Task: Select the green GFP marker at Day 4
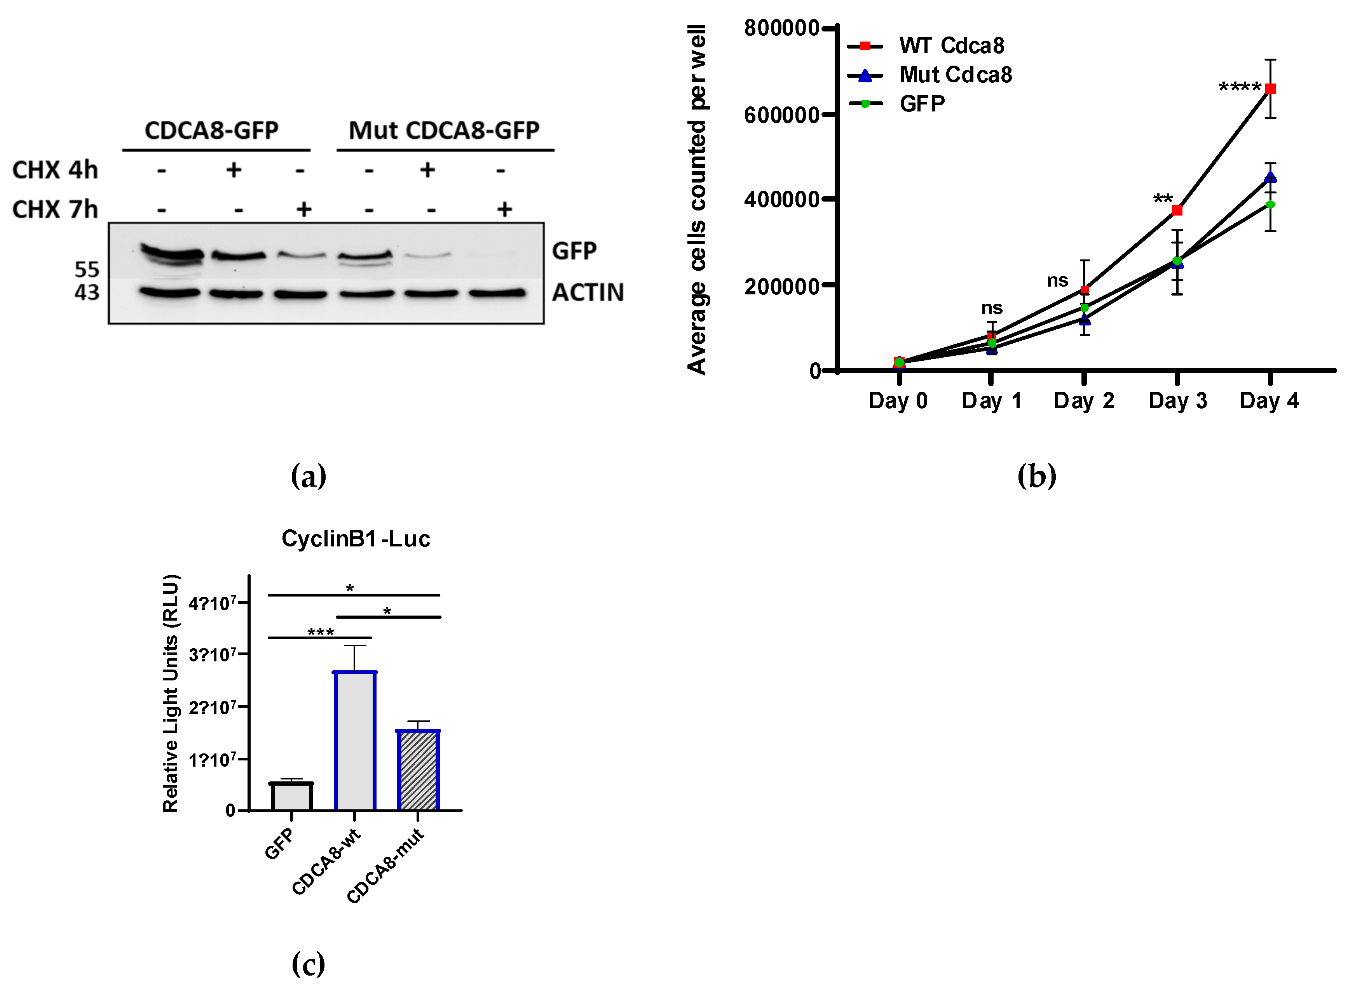coord(1270,205)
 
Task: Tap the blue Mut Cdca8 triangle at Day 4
coord(1270,177)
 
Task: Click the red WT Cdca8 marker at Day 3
coord(1177,210)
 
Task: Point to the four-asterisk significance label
coord(1239,88)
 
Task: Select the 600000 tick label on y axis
coord(781,115)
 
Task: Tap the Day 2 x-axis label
coord(1083,400)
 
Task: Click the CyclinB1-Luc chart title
coord(356,538)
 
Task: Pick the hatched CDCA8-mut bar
coord(418,771)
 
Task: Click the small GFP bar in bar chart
coord(291,796)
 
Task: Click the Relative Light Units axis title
coord(171,692)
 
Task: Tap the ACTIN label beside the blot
coord(588,293)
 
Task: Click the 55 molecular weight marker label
coord(87,269)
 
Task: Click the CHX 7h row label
coord(55,210)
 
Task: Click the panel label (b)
coord(1036,477)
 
